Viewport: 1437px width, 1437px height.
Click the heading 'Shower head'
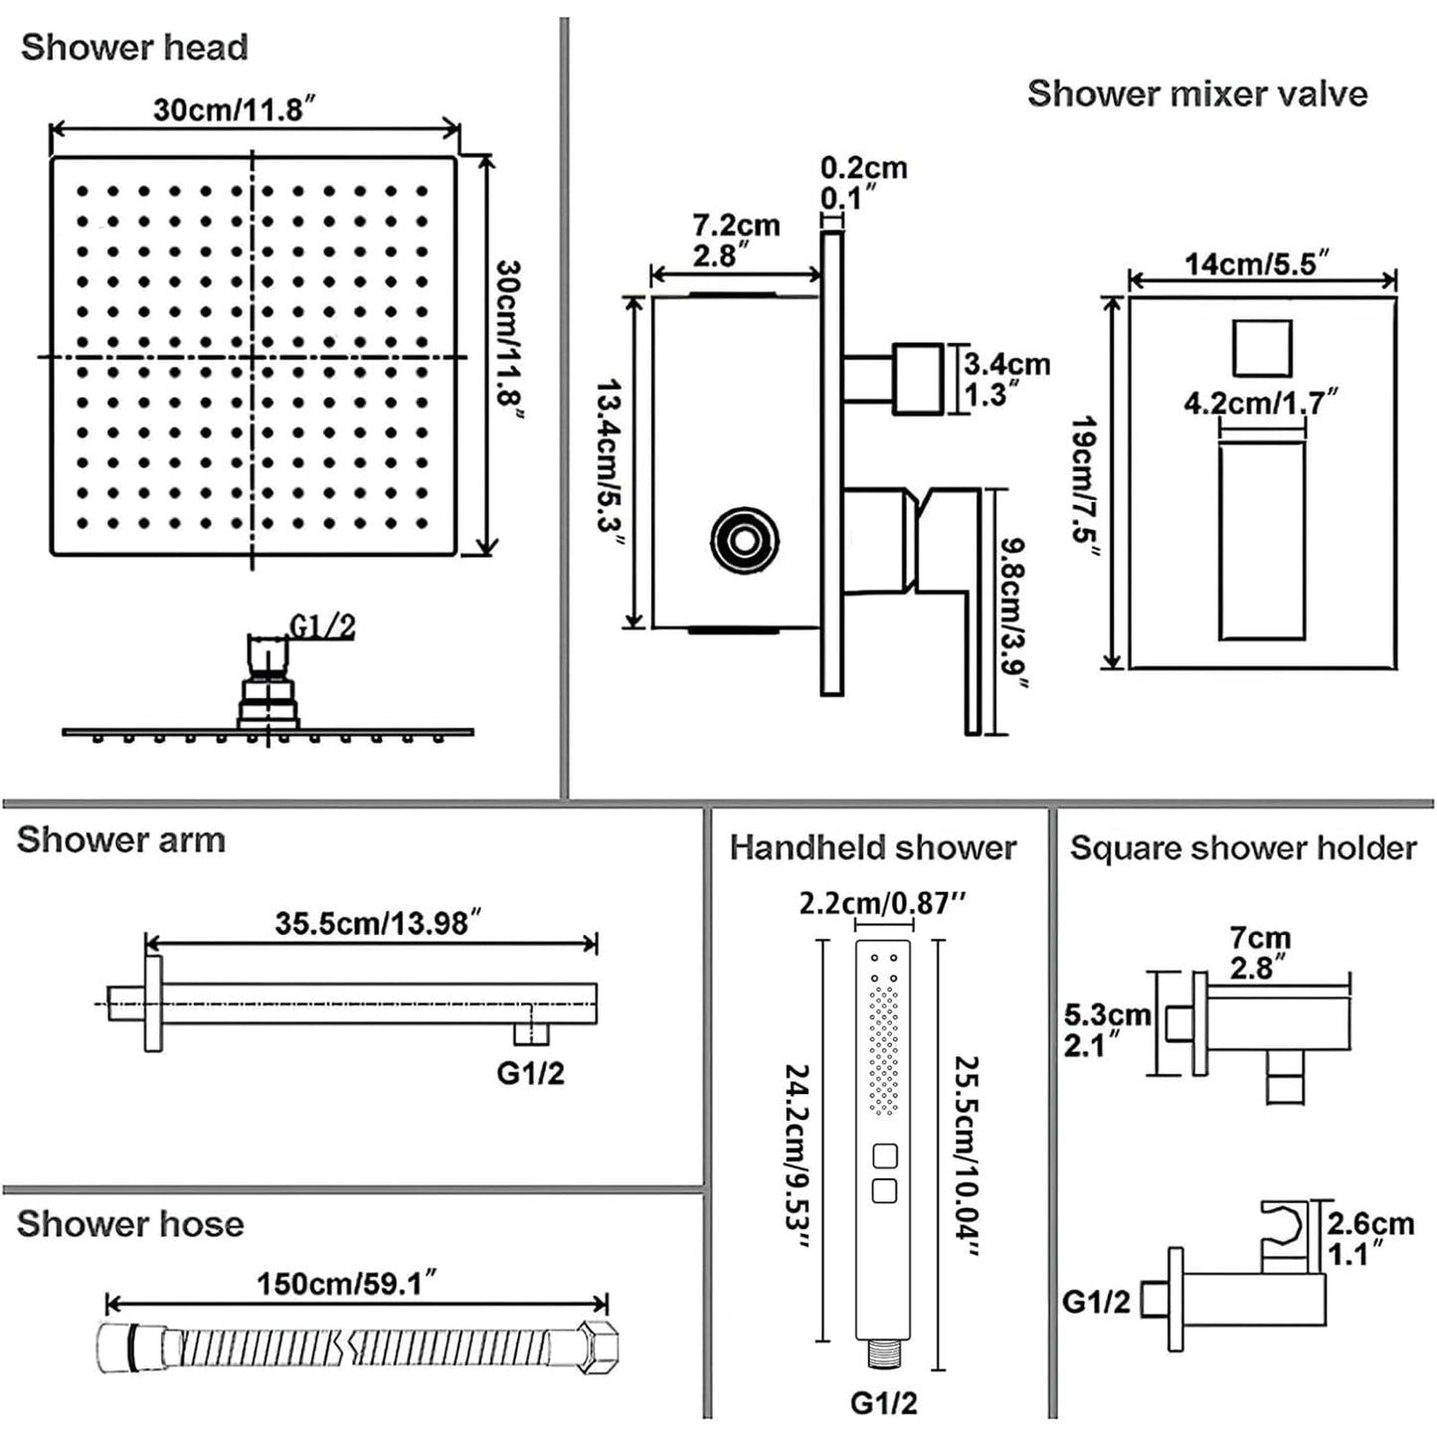pos(134,48)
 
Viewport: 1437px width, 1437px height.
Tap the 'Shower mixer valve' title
pos(1196,93)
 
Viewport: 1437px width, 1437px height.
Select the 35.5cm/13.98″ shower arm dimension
pos(372,923)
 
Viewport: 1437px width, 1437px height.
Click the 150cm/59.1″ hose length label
pos(347,1283)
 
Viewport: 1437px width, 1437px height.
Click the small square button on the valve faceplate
pos(1261,348)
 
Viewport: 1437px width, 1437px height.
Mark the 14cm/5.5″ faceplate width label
pos(1257,265)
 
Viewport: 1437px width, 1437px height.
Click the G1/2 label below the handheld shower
pos(883,1402)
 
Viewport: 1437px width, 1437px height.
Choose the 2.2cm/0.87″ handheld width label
pos(882,903)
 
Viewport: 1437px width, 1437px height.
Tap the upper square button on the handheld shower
pos(884,1157)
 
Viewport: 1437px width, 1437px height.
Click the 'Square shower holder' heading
pos(1242,848)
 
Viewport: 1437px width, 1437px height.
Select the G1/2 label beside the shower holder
pos(1096,1301)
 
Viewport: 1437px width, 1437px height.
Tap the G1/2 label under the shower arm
pos(530,1073)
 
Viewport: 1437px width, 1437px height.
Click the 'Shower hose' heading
pos(130,1223)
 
